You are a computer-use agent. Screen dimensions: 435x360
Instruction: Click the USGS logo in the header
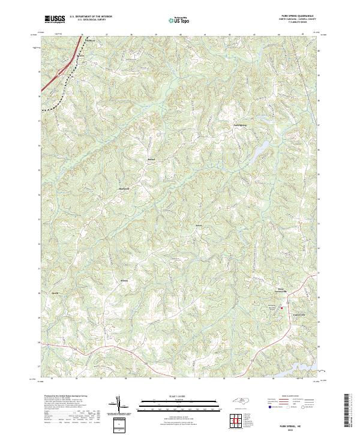point(55,20)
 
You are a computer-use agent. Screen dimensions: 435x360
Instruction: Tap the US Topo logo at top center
point(180,20)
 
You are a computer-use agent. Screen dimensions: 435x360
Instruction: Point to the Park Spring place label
point(239,125)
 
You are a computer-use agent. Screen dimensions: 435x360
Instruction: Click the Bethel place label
point(151,159)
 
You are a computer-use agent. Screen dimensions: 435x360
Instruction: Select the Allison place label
point(125,281)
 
